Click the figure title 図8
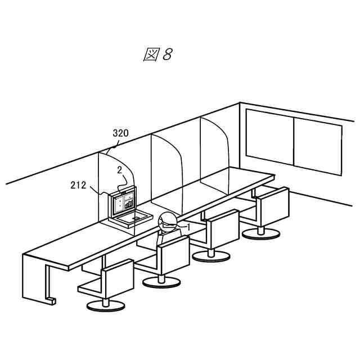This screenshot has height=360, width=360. pyautogui.click(x=157, y=55)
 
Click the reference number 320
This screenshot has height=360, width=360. pyautogui.click(x=120, y=133)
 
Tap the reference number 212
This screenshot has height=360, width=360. pyautogui.click(x=79, y=184)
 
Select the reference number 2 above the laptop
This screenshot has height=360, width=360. pyautogui.click(x=119, y=169)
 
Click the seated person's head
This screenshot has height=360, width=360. pyautogui.click(x=167, y=222)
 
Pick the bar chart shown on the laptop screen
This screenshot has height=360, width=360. pyautogui.click(x=129, y=203)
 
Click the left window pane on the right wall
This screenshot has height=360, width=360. pyautogui.click(x=270, y=137)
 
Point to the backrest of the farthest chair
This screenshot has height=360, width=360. pyautogui.click(x=272, y=204)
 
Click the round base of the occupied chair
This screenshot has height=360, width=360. pyautogui.click(x=159, y=281)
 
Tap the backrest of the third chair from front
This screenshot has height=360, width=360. pyautogui.click(x=224, y=227)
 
